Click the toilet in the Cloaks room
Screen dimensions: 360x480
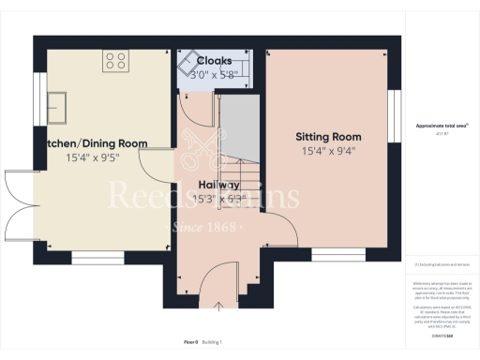pos(191,58)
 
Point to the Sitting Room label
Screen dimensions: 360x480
pos(328,137)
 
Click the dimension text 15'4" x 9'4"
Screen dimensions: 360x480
pos(328,151)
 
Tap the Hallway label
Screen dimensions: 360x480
pos(217,185)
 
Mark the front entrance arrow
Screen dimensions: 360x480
pos(218,307)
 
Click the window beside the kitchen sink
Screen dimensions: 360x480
pos(39,100)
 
